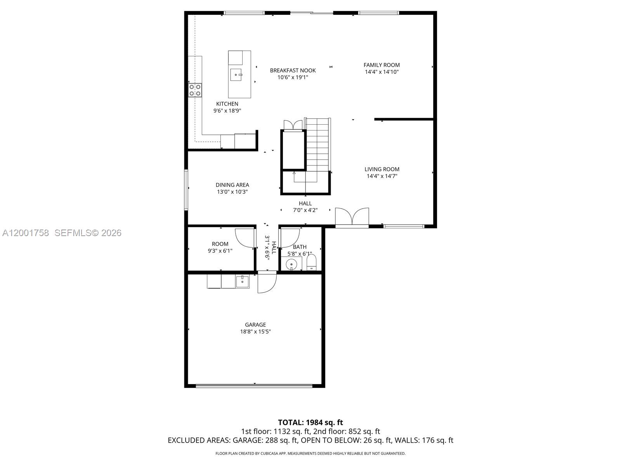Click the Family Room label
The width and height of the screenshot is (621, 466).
pyautogui.click(x=382, y=65)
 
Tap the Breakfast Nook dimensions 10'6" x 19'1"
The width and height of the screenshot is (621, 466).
pyautogui.click(x=293, y=77)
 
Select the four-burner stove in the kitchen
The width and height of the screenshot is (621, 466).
pyautogui.click(x=195, y=90)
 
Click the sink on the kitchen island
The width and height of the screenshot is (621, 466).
pyautogui.click(x=236, y=75)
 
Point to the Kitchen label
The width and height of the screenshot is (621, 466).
pyautogui.click(x=227, y=104)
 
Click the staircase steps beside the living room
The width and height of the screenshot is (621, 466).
pyautogui.click(x=318, y=144)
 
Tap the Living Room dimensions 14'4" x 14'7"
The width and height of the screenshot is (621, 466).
pyautogui.click(x=382, y=176)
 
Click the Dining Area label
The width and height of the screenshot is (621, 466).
pyautogui.click(x=232, y=185)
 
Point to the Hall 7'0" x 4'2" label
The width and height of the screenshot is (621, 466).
pyautogui.click(x=305, y=207)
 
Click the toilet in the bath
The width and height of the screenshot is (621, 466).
pyautogui.click(x=312, y=263)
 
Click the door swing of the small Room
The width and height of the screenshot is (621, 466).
pyautogui.click(x=245, y=238)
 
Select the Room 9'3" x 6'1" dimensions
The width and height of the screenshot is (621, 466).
pyautogui.click(x=220, y=251)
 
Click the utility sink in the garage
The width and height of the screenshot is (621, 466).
pyautogui.click(x=243, y=281)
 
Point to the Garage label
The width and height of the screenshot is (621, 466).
pyautogui.click(x=255, y=325)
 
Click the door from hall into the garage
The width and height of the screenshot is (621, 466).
pyautogui.click(x=267, y=283)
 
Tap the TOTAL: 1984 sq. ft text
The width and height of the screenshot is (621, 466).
pyautogui.click(x=310, y=422)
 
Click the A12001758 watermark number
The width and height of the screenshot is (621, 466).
pyautogui.click(x=26, y=233)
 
